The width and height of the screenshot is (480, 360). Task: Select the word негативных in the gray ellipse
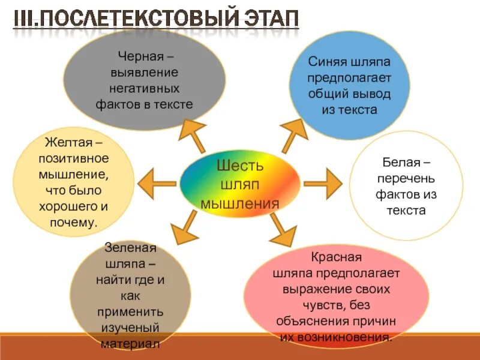click(144, 88)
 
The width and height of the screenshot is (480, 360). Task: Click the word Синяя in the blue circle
click(328, 62)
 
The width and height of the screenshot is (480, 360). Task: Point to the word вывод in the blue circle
click(370, 94)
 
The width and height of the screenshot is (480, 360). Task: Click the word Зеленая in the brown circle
click(130, 248)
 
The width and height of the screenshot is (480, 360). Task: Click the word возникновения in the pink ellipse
click(350, 337)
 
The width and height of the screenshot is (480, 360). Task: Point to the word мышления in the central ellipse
click(240, 203)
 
